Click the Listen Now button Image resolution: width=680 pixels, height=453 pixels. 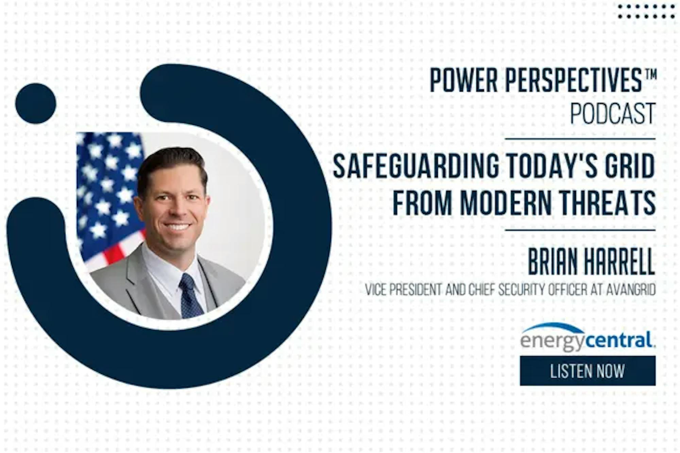tap(588, 371)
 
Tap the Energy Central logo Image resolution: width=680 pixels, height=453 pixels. tap(588, 338)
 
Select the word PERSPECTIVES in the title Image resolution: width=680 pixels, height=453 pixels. tap(573, 81)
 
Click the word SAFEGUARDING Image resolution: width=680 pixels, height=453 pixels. tap(416, 166)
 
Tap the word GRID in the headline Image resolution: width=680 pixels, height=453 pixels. tap(629, 166)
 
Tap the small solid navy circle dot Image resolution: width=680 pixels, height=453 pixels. tap(36, 103)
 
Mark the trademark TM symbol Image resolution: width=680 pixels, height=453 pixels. tap(650, 73)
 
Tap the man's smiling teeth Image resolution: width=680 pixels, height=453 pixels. tap(177, 226)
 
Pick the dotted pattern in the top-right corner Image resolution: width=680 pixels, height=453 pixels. tap(646, 11)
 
